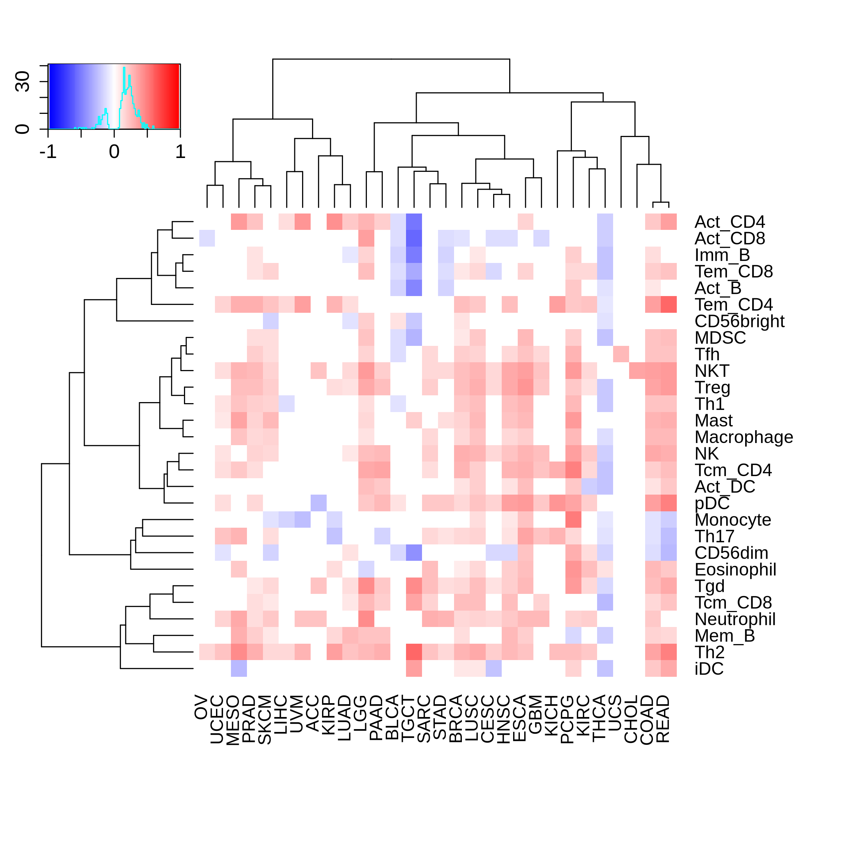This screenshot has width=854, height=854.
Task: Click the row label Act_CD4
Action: [x=729, y=222]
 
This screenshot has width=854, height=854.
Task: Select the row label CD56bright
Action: [x=739, y=321]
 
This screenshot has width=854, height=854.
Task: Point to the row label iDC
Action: [x=709, y=669]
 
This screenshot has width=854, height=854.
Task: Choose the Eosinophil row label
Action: [x=736, y=570]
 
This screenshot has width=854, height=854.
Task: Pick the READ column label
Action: [x=663, y=719]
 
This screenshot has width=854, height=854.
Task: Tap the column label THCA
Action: [x=599, y=717]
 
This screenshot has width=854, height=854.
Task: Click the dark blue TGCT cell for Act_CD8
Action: [x=414, y=238]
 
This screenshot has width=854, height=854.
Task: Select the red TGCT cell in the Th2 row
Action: [x=414, y=652]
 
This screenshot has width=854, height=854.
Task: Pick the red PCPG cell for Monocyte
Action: [x=573, y=520]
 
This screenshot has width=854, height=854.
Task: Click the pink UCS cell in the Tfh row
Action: [x=621, y=354]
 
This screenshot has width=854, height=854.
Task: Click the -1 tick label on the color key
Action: [x=48, y=152]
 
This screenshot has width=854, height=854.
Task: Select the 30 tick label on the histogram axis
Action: [x=22, y=82]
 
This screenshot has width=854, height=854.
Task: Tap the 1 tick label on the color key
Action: [x=180, y=152]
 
